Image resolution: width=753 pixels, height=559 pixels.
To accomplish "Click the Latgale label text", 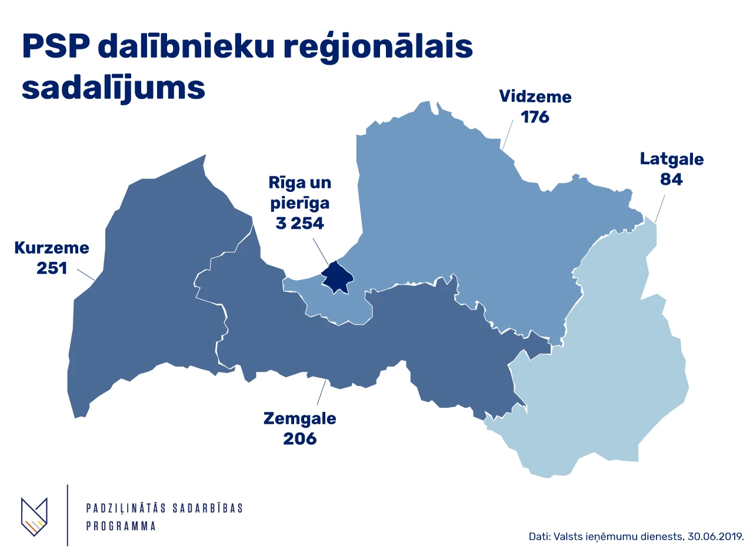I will pyautogui.click(x=672, y=159).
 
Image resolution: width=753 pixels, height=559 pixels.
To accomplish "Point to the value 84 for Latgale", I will pyautogui.click(x=671, y=179).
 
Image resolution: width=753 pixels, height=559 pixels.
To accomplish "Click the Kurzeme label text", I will pyautogui.click(x=52, y=248).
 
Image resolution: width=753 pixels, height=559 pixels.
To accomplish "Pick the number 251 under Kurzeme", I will pyautogui.click(x=52, y=268).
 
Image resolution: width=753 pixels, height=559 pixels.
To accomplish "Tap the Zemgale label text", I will pyautogui.click(x=300, y=419).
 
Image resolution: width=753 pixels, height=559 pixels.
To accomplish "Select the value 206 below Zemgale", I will pyautogui.click(x=300, y=439).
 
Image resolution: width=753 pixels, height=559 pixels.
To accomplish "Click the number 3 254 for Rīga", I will pyautogui.click(x=300, y=224).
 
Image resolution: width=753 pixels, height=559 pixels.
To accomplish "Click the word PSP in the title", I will pyautogui.click(x=55, y=48).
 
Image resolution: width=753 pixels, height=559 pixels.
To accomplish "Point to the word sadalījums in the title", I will pyautogui.click(x=114, y=89).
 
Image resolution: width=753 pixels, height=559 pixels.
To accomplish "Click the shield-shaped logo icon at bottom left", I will pyautogui.click(x=34, y=517).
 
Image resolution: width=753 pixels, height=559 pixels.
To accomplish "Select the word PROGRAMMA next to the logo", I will pyautogui.click(x=121, y=526).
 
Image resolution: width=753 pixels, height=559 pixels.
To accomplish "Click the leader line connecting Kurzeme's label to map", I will pyautogui.click(x=86, y=274).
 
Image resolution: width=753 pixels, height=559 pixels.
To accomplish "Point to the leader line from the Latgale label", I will pyautogui.click(x=660, y=208).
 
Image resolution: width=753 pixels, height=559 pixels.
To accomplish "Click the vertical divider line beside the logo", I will pyautogui.click(x=68, y=515).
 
